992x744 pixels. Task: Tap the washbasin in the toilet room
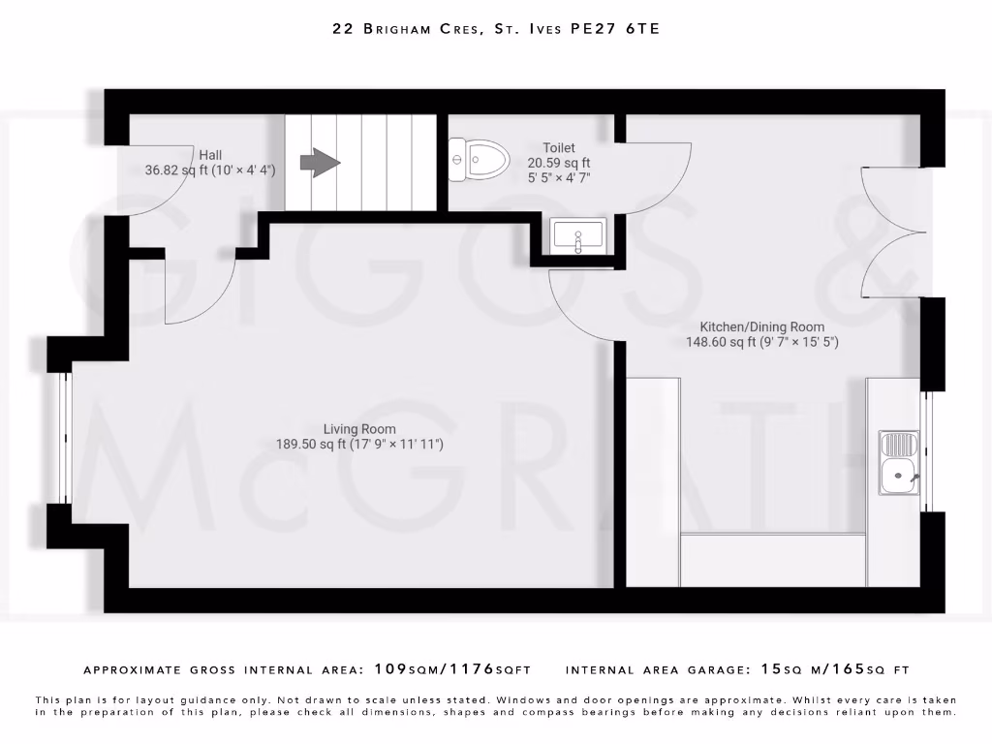coord(577,235)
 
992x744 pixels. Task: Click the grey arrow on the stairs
coord(320,163)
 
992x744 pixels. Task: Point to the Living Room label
coord(359,429)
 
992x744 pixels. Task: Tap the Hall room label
coord(210,155)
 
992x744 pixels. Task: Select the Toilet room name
coord(559,148)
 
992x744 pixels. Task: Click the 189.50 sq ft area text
coord(310,445)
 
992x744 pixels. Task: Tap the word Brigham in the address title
coord(419,29)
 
